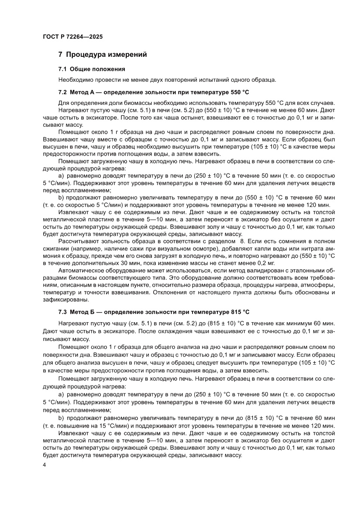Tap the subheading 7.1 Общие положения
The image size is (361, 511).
[92, 69]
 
